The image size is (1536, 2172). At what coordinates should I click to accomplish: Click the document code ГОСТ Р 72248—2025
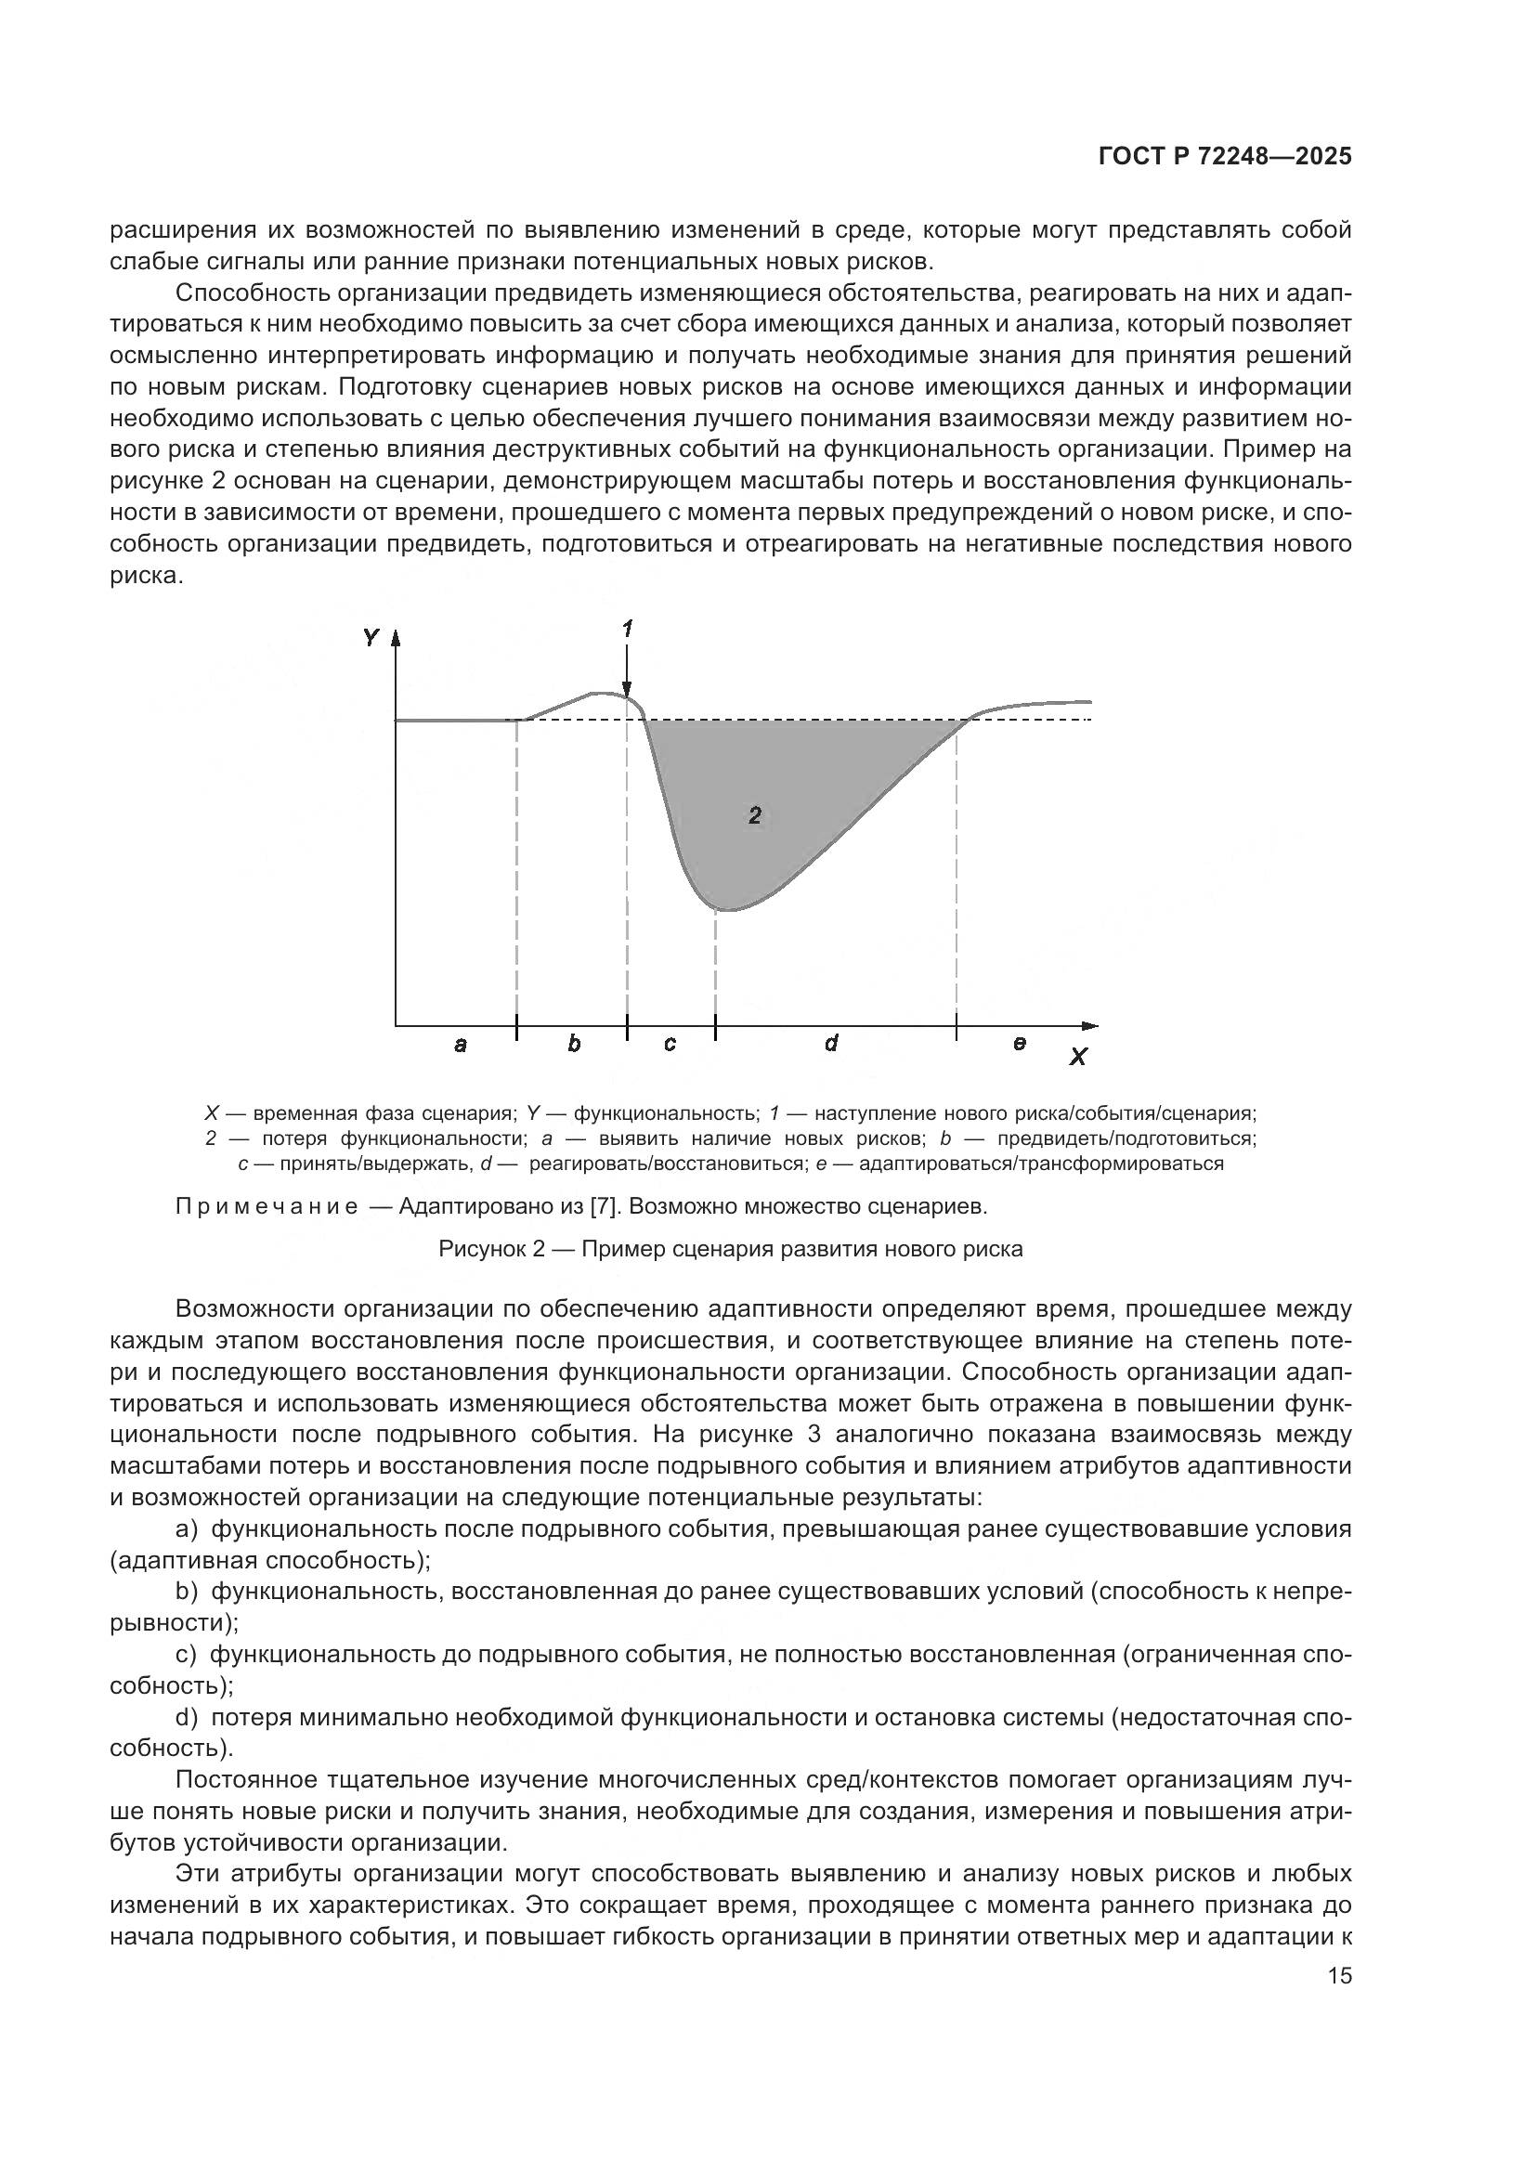pos(1225,157)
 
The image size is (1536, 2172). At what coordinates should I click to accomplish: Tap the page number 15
pos(1339,1976)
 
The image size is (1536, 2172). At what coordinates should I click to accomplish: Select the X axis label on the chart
pos(1077,1057)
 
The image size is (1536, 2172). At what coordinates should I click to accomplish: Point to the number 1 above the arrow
pos(627,628)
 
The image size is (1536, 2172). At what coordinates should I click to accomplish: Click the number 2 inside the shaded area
pos(755,815)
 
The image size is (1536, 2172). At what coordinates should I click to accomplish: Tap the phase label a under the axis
pos(461,1045)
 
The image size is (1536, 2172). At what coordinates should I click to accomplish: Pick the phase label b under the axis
pos(574,1044)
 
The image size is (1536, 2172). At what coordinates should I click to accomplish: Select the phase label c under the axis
pos(670,1045)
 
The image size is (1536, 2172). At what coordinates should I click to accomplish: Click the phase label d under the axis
pos(830,1044)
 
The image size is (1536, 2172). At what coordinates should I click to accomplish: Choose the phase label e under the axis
pos(1019,1044)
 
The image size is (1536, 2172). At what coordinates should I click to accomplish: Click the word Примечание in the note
pos(267,1207)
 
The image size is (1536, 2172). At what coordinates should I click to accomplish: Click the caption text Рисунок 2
pos(492,1249)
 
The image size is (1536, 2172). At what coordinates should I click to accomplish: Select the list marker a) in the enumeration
pos(188,1529)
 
